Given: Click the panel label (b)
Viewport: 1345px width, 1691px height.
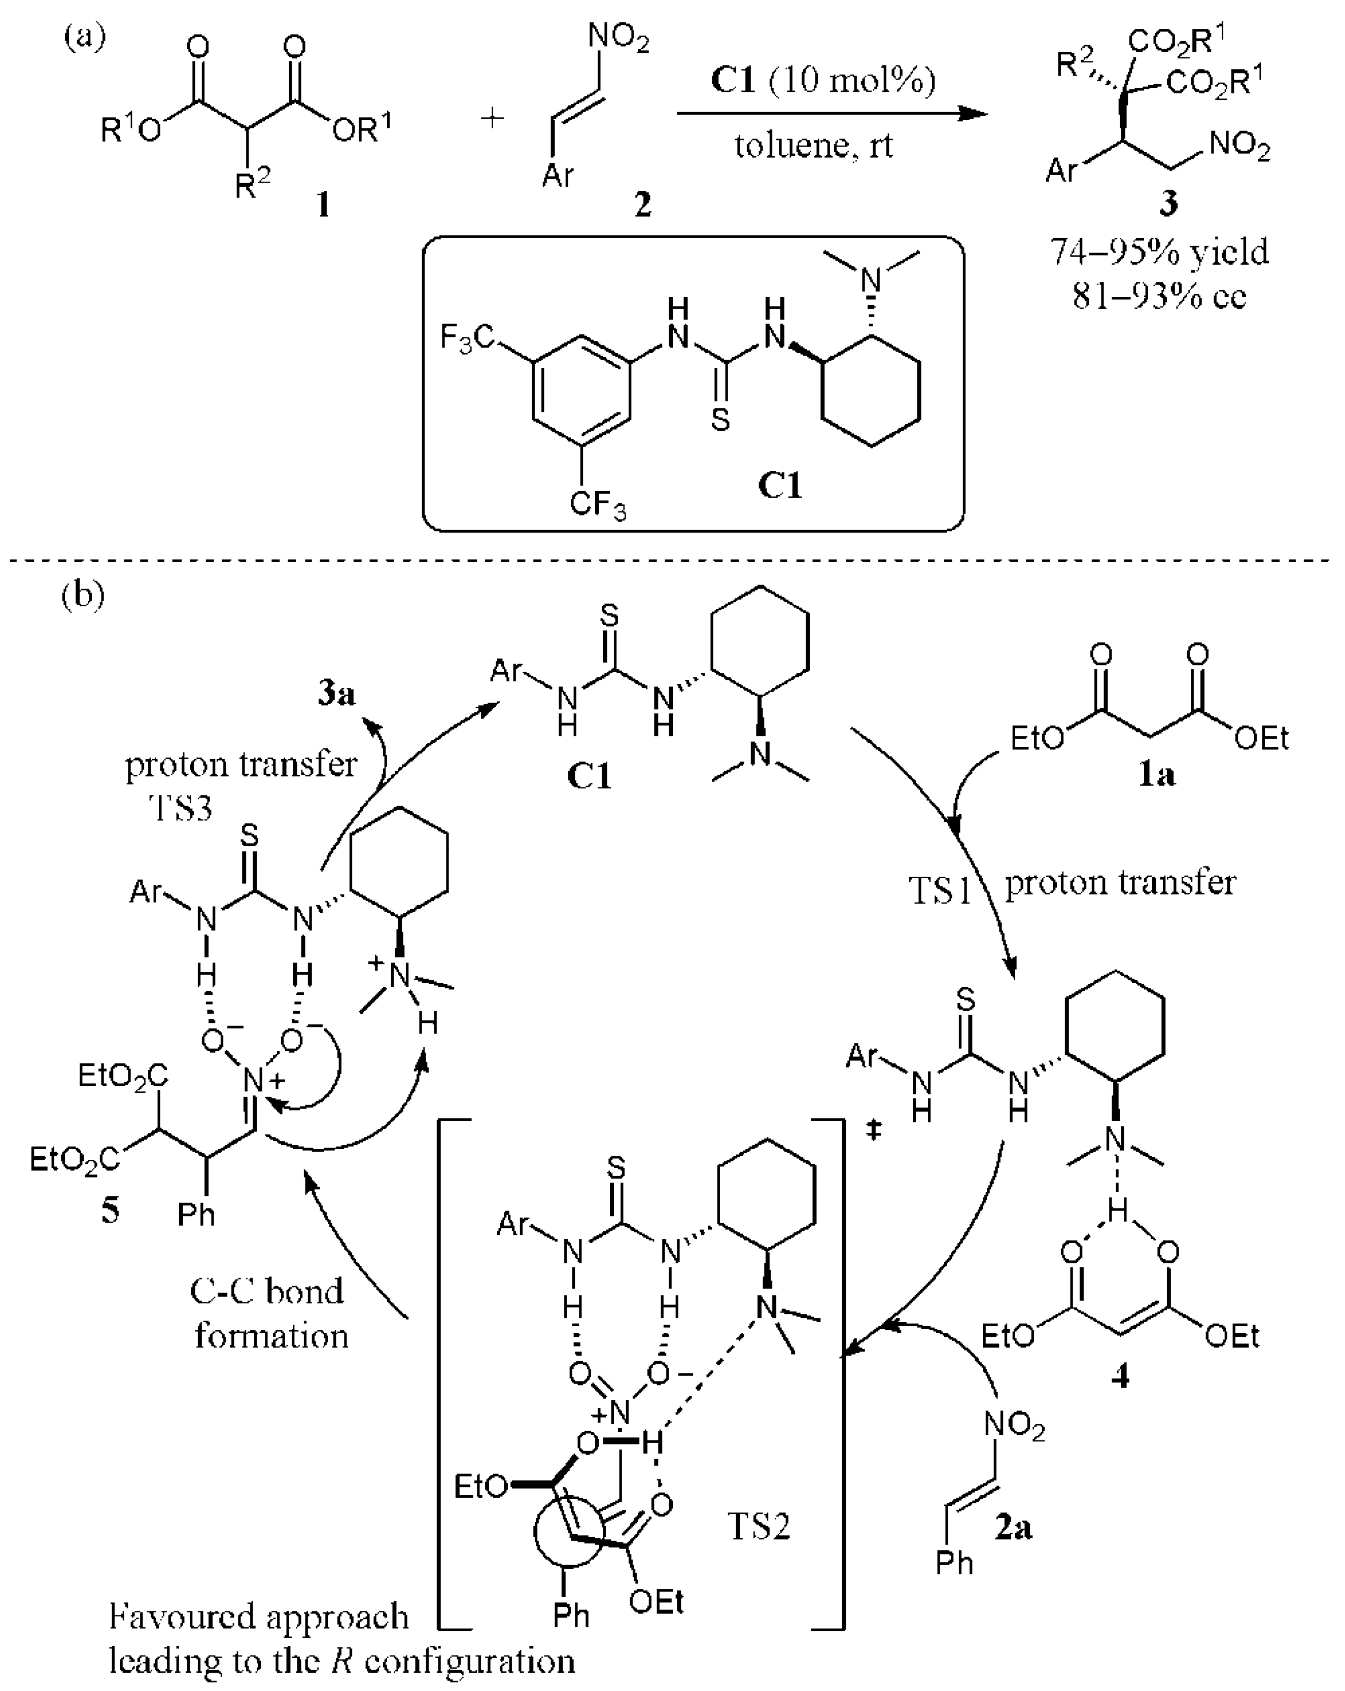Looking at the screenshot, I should coord(82,595).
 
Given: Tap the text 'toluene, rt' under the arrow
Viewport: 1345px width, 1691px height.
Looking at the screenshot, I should coord(813,146).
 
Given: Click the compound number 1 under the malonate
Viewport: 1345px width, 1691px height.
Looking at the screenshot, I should coord(322,205).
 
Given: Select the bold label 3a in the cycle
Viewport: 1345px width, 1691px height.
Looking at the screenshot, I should coord(336,694).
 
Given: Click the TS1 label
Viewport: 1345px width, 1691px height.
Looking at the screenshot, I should coord(940,891).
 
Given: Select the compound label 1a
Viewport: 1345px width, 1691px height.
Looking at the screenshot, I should coord(1157,775).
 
